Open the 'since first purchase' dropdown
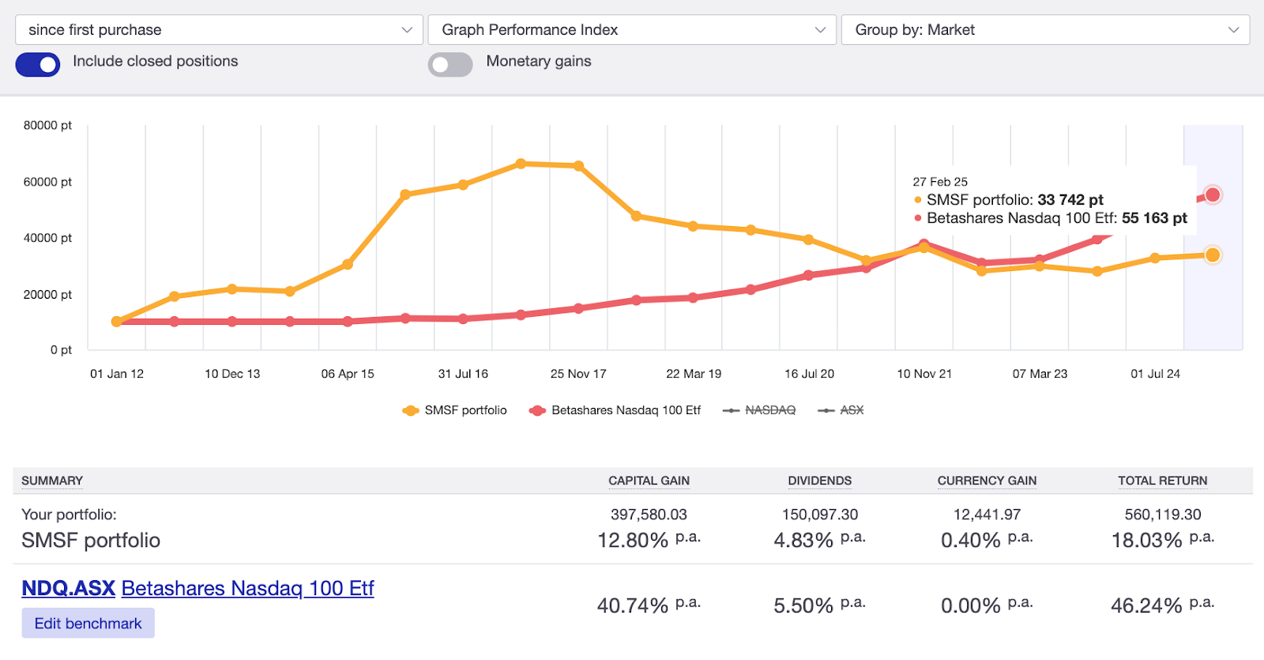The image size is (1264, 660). [219, 30]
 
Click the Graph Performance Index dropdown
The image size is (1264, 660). [631, 30]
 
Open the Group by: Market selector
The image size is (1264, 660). [1044, 30]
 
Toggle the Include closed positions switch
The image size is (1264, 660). [38, 64]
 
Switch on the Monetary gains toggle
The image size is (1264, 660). [450, 64]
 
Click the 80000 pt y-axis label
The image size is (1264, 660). [47, 125]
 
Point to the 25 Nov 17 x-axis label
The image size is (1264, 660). [578, 374]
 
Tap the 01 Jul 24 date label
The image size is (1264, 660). [1155, 374]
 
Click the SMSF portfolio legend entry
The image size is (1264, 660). [455, 410]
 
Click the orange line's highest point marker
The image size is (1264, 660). [521, 164]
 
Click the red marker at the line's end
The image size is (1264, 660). [1213, 194]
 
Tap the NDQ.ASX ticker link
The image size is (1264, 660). [69, 589]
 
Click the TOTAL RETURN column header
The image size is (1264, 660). [1162, 481]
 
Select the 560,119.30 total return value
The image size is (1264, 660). [1162, 515]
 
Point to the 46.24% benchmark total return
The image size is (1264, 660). [1146, 605]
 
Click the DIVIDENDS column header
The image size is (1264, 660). [819, 481]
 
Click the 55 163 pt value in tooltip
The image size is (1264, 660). [1154, 218]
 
